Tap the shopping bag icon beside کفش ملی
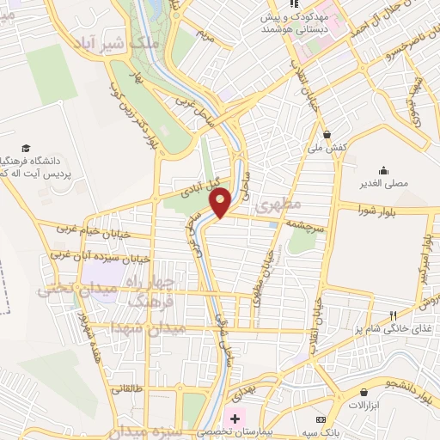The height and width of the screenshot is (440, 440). click(327, 134)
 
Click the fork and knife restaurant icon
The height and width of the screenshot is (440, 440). click(393, 315)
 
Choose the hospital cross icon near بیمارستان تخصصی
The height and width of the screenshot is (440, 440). click(235, 418)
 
